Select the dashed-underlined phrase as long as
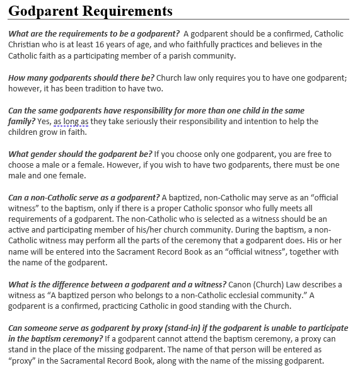(71, 122)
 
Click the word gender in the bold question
(43, 154)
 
